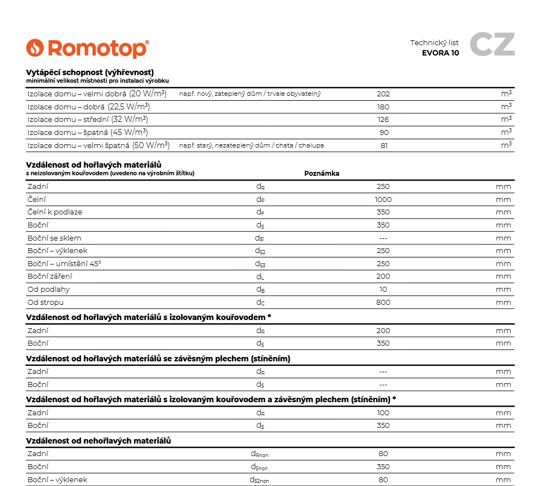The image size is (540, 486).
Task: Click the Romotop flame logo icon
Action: coord(35,48)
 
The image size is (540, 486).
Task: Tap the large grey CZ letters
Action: coord(492,45)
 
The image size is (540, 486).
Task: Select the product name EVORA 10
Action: coord(440,53)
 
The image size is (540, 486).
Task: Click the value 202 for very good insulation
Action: coord(383,94)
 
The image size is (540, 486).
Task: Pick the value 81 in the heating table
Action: coord(383,145)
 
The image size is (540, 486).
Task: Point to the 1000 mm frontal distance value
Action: coord(383,199)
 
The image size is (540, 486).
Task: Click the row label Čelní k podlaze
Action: coord(54,212)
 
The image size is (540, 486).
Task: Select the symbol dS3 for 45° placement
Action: coord(260,264)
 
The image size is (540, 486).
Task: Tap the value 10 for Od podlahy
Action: coord(383,290)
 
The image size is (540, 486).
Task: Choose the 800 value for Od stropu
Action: coord(383,303)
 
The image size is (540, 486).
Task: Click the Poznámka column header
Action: coord(322,174)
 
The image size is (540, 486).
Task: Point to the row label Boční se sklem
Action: coord(54,238)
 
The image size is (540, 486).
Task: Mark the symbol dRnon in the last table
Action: coord(259,454)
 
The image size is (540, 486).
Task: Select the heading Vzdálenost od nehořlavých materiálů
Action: coord(99,440)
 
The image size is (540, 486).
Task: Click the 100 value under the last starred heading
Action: coord(383,413)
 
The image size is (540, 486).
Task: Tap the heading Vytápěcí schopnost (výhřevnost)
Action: coord(90,72)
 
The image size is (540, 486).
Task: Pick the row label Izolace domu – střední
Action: coord(87,120)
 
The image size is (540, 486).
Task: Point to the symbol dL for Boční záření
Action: coord(260,277)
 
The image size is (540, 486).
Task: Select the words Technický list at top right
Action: coord(434,42)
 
